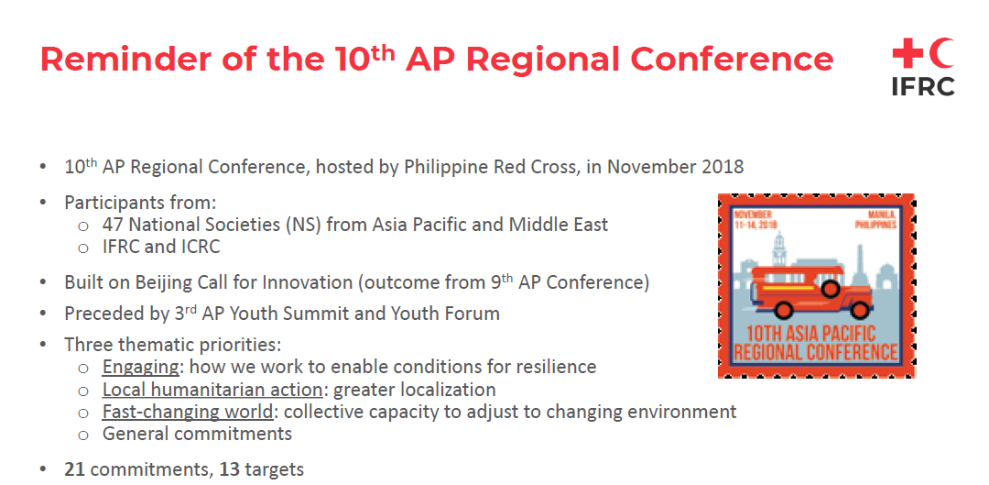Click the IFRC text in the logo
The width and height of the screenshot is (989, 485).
[922, 86]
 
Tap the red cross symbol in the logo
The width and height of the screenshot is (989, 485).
[907, 54]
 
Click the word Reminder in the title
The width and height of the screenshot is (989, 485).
[109, 60]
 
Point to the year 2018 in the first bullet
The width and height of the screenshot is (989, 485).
[723, 168]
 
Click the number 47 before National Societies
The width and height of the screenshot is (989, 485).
[114, 224]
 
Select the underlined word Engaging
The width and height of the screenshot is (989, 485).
[140, 367]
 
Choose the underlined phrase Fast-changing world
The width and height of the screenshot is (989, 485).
[187, 412]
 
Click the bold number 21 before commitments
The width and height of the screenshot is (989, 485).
[74, 469]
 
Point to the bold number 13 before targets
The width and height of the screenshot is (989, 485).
[229, 469]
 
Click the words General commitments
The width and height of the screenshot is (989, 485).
[197, 434]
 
